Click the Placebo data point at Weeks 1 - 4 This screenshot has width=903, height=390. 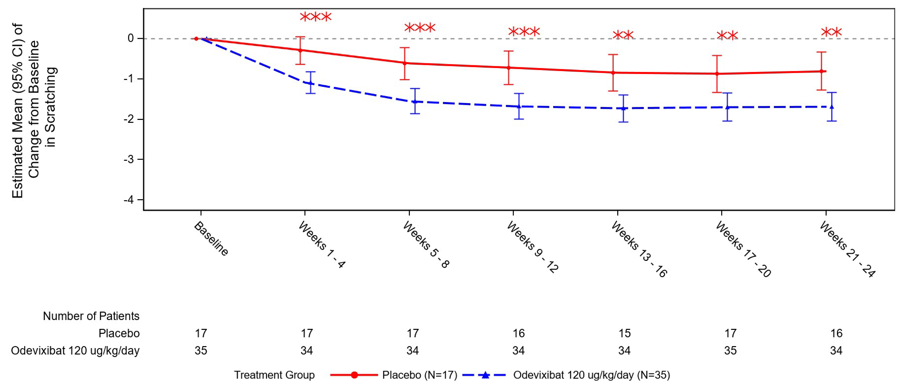[x=300, y=50]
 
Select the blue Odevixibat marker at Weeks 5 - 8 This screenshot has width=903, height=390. [x=415, y=102]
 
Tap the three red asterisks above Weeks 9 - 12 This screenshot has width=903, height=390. [x=524, y=32]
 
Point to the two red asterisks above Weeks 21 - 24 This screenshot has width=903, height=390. [x=831, y=33]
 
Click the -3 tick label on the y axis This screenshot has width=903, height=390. [x=129, y=160]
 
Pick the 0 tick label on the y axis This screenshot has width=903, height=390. [x=131, y=38]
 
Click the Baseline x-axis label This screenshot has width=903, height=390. [x=211, y=238]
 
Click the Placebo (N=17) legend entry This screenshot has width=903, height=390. [x=419, y=375]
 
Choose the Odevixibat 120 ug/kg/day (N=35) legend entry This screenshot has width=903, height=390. [x=591, y=375]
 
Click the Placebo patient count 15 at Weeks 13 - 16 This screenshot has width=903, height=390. [x=624, y=333]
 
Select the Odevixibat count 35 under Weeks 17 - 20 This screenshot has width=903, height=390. [x=730, y=350]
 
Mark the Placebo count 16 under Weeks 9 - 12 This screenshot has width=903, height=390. [x=518, y=333]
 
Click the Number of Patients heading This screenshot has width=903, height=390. [x=91, y=316]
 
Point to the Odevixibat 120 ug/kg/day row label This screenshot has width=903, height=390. [x=75, y=350]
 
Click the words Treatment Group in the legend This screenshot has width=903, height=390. [x=274, y=375]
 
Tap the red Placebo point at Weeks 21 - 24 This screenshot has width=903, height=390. [x=821, y=71]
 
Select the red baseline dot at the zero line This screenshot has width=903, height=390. [x=196, y=39]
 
